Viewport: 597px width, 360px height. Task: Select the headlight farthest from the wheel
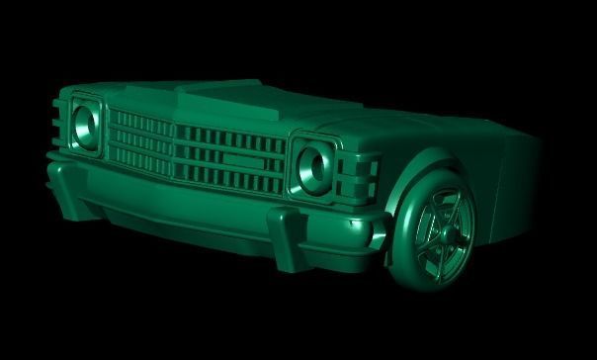[86, 124]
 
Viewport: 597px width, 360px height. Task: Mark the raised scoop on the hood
[213, 96]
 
